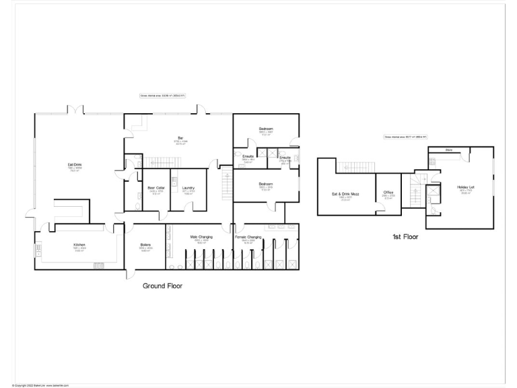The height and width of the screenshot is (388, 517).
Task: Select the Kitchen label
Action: pyautogui.click(x=79, y=245)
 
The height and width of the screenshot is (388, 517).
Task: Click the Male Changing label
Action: pyautogui.click(x=201, y=237)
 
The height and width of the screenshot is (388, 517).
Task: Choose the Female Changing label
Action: pyautogui.click(x=248, y=237)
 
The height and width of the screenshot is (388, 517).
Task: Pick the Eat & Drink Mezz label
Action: pyautogui.click(x=345, y=194)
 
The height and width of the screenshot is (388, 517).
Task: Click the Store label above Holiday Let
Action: pyautogui.click(x=448, y=150)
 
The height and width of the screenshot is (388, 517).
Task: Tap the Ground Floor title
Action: pyautogui.click(x=162, y=286)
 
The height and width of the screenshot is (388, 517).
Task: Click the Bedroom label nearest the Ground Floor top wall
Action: pyautogui.click(x=265, y=129)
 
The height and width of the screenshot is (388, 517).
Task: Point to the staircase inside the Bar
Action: pyautogui.click(x=161, y=162)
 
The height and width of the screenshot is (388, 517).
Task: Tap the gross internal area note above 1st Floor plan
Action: pyautogui.click(x=406, y=137)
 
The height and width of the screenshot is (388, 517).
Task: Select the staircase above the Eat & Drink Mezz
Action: pyautogui.click(x=351, y=166)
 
